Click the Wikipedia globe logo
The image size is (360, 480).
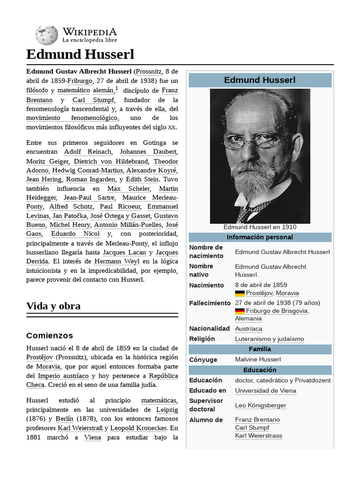(x=46, y=34)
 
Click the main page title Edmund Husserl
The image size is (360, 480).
(x=80, y=54)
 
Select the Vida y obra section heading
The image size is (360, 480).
(x=53, y=306)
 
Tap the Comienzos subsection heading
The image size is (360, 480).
(x=50, y=336)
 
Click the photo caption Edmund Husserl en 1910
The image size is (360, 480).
(x=260, y=227)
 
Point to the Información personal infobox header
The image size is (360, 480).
(x=260, y=237)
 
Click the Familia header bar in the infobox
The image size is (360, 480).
(x=260, y=349)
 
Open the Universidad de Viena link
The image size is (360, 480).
(x=265, y=390)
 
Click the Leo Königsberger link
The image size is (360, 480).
(x=260, y=405)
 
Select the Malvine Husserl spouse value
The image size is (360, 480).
(x=258, y=360)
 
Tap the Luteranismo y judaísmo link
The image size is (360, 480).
(x=269, y=339)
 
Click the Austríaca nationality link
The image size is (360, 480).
(x=248, y=329)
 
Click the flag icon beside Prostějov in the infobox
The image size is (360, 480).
(x=240, y=293)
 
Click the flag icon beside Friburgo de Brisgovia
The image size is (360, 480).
(x=240, y=311)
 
